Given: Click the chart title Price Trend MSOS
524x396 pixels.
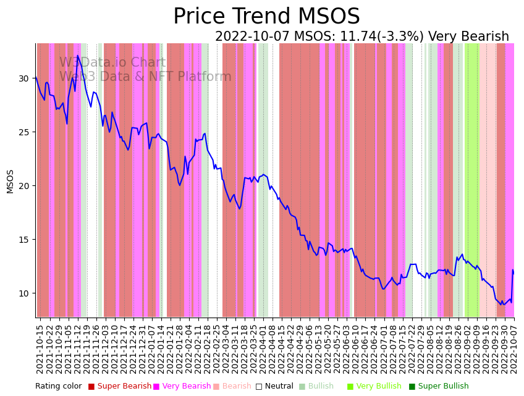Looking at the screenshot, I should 266,17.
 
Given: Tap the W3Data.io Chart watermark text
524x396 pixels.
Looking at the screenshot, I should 112,63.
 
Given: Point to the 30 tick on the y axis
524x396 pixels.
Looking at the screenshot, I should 23,78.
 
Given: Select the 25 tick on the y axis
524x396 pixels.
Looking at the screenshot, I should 23,132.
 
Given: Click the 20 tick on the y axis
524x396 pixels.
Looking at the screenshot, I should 23,186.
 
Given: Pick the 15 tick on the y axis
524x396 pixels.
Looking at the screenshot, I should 23,240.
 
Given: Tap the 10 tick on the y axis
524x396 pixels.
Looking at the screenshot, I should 23,293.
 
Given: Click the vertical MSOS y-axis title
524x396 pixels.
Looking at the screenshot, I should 10,181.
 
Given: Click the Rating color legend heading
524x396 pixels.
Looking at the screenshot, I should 58,387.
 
